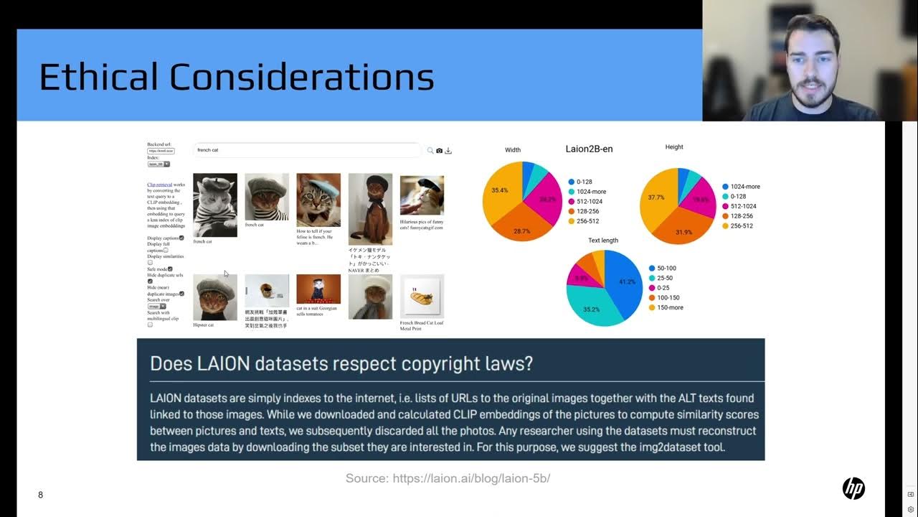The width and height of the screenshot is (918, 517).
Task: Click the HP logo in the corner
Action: click(853, 489)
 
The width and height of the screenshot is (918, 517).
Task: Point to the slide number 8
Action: click(40, 495)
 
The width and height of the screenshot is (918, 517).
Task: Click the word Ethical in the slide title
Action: click(98, 77)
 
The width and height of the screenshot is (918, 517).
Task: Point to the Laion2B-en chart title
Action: click(589, 149)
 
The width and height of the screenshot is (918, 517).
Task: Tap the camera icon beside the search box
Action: click(439, 151)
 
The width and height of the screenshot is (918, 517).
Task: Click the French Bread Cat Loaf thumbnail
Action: click(422, 296)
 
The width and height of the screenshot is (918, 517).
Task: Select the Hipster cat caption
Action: click(204, 325)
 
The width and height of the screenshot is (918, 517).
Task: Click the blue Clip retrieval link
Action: click(159, 185)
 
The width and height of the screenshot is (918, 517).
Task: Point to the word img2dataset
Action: click(678, 447)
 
